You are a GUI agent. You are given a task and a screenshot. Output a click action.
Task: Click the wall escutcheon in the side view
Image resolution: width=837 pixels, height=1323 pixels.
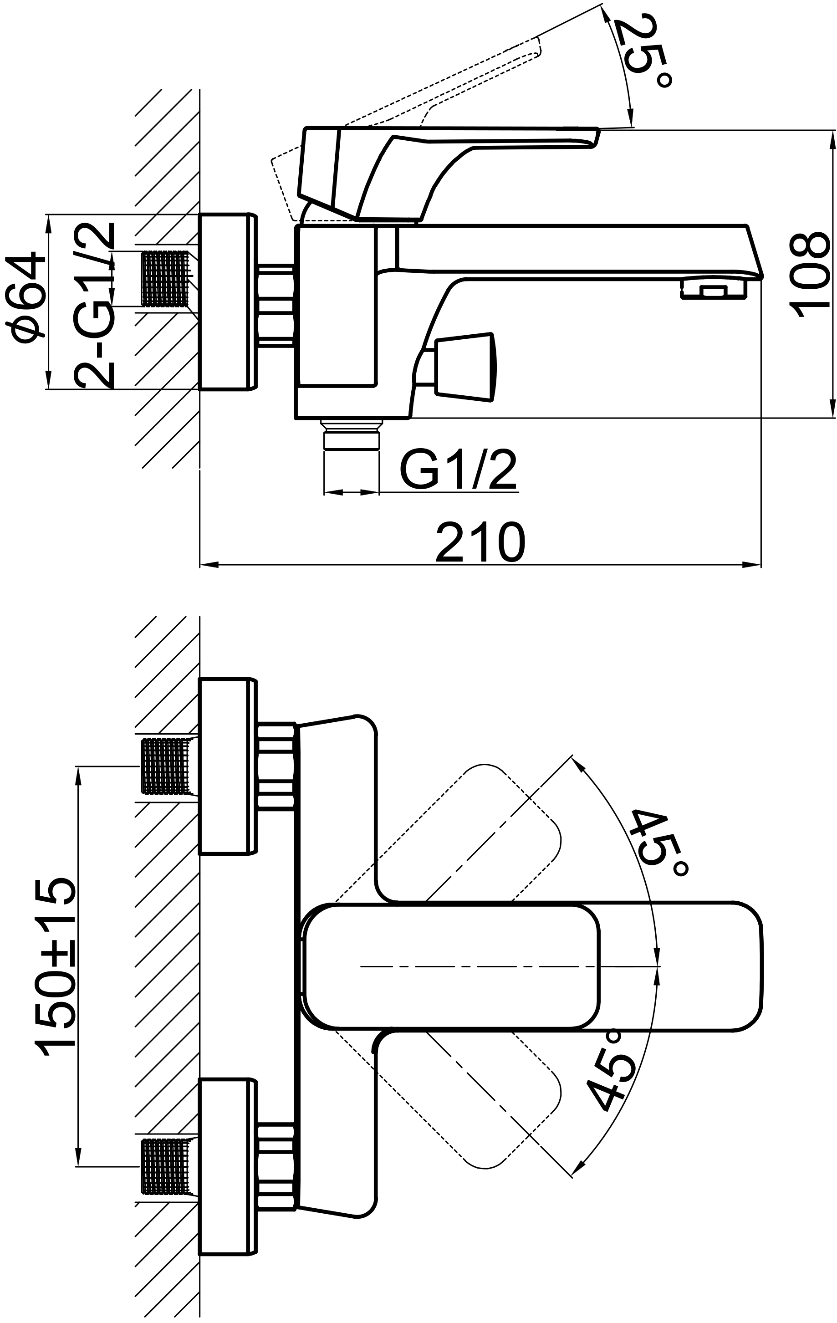(227, 302)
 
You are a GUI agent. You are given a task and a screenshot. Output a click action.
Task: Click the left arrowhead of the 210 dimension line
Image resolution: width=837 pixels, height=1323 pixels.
(209, 565)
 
